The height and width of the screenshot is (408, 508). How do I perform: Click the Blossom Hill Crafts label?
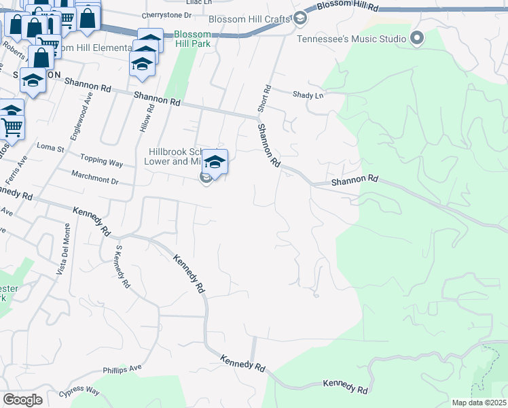click(249, 19)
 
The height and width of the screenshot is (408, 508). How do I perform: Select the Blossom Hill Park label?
click(192, 38)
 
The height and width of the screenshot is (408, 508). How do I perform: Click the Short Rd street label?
click(264, 99)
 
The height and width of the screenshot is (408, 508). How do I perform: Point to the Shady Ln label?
click(308, 95)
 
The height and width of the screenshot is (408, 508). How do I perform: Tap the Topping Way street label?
click(102, 164)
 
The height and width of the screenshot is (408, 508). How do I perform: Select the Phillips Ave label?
click(122, 370)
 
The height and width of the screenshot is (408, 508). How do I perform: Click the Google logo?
click(22, 400)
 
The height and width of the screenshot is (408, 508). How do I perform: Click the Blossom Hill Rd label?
click(348, 5)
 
